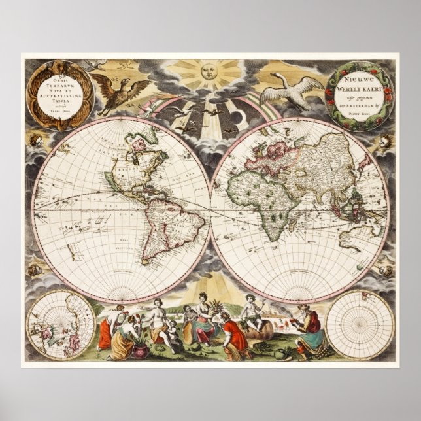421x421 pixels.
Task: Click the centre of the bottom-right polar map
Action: [359, 324]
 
